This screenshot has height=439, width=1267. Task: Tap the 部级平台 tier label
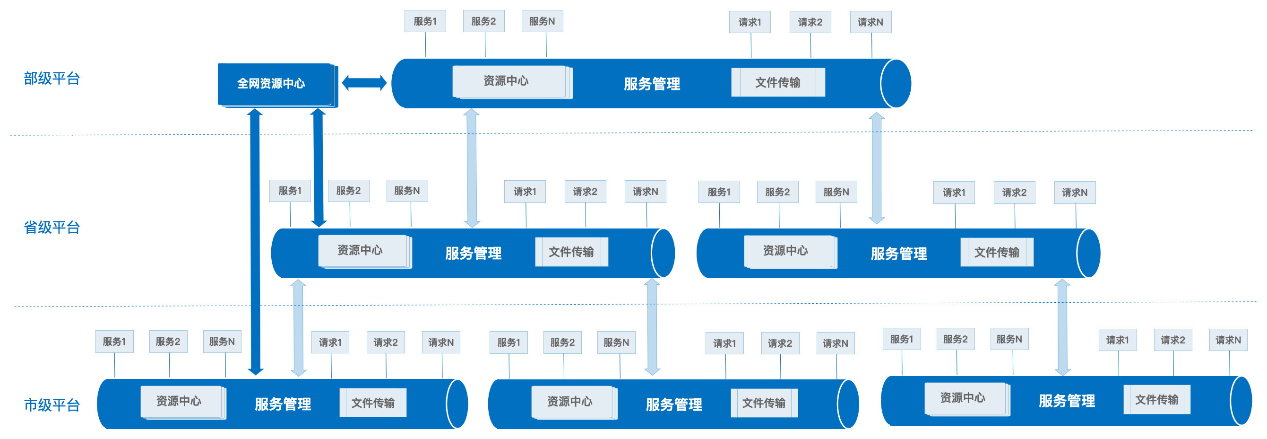[x=52, y=78]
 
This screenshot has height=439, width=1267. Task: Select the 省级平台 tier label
[x=52, y=228]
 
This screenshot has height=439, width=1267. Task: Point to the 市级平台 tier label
[x=52, y=405]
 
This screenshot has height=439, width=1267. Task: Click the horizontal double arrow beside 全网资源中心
[x=364, y=83]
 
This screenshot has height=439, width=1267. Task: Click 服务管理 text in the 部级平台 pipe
[x=652, y=84]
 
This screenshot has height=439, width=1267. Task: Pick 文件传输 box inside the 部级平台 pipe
[x=777, y=82]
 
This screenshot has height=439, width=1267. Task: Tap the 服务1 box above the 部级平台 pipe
[x=425, y=21]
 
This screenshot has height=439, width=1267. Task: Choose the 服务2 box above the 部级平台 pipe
[x=483, y=21]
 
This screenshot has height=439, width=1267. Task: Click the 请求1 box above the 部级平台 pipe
[x=750, y=22]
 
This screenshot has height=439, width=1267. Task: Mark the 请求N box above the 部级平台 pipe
[x=870, y=22]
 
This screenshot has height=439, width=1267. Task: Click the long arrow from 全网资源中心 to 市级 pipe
[x=255, y=241]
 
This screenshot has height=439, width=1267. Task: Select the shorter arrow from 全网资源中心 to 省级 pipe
[x=318, y=167]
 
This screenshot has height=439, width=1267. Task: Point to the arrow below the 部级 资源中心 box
[x=472, y=168]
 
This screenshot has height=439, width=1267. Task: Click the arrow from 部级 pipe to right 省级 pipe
[x=877, y=168]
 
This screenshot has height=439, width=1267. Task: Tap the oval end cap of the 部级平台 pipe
[x=896, y=84]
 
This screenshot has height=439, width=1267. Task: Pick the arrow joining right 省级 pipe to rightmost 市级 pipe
[x=1062, y=327]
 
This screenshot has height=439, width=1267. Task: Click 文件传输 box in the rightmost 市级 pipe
[x=1156, y=400]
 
